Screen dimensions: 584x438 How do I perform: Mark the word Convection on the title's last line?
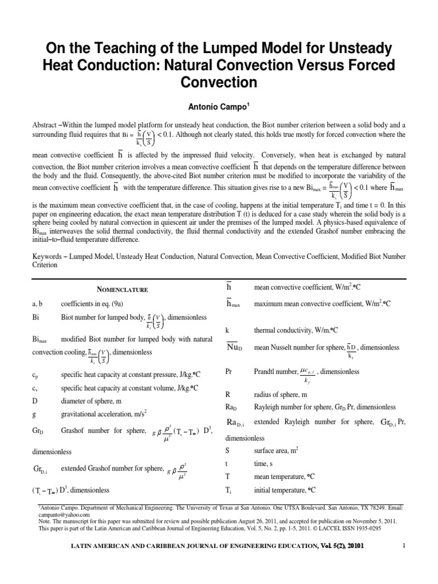218,82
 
